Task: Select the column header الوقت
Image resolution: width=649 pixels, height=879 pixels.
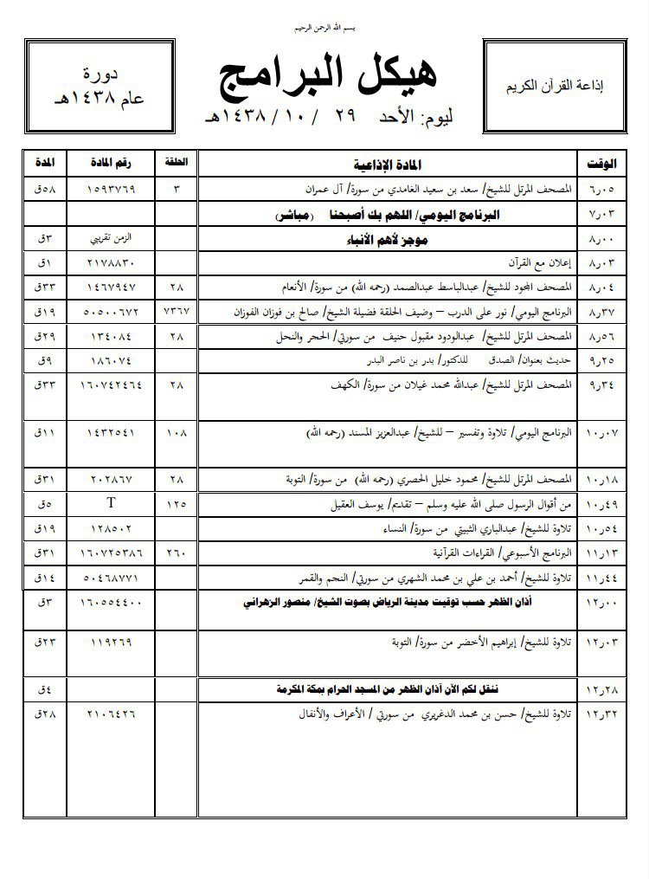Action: point(595,163)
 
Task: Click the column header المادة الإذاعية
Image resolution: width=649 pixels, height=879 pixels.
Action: point(386,163)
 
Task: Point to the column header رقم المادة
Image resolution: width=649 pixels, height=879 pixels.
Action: point(113,163)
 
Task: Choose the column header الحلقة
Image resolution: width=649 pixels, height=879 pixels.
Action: point(175,163)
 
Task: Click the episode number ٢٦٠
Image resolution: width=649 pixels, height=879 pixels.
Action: point(176,551)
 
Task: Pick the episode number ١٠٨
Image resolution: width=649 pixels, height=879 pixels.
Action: point(176,430)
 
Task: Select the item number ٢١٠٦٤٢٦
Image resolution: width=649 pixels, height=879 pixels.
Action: point(113,714)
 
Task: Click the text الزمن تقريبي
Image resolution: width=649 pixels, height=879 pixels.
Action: point(113,236)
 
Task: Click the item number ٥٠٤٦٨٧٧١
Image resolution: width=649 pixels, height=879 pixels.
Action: point(113,574)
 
